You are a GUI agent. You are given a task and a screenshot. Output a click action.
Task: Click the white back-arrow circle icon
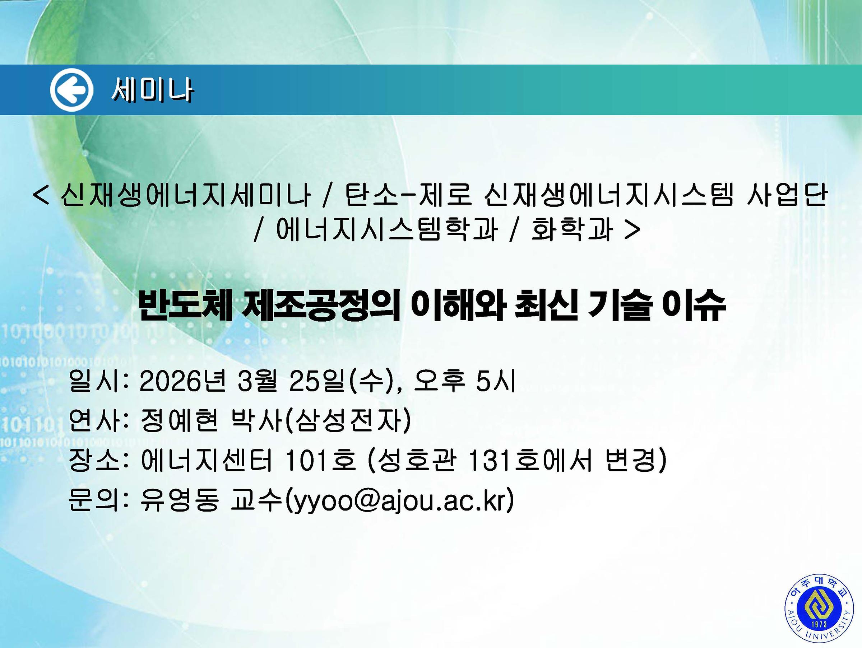pos(72,90)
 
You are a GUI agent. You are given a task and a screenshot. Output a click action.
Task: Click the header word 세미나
pos(152,91)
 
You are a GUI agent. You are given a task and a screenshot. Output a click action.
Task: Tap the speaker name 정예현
pos(179,421)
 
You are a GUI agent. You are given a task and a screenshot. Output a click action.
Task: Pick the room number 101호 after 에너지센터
pos(321,460)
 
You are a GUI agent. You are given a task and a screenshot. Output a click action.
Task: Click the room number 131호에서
pos(530,460)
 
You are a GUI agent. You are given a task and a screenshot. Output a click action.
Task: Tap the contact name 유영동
pos(179,500)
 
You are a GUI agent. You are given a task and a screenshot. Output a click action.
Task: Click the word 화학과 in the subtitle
pos(572,229)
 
